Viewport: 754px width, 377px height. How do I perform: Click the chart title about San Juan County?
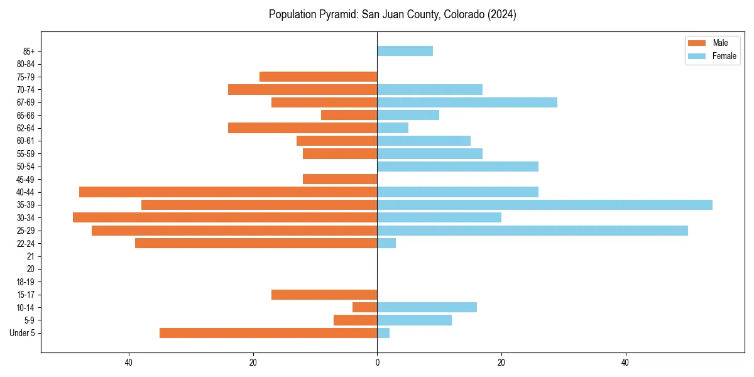pyautogui.click(x=392, y=14)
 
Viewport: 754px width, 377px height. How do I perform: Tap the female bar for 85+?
pyautogui.click(x=405, y=51)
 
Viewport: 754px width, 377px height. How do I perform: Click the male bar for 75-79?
pyautogui.click(x=318, y=77)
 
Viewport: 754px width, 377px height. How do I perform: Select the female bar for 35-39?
pyautogui.click(x=544, y=205)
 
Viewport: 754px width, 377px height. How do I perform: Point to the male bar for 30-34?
pyautogui.click(x=225, y=217)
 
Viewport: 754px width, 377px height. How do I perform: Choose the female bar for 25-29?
pyautogui.click(x=532, y=231)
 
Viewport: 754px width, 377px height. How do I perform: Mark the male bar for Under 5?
pyautogui.click(x=268, y=333)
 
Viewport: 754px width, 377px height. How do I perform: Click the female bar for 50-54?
pyautogui.click(x=457, y=167)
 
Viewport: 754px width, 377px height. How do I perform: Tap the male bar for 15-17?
pyautogui.click(x=324, y=295)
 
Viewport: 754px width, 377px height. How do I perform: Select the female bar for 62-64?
pyautogui.click(x=393, y=128)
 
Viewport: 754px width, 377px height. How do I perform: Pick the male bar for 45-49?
pyautogui.click(x=340, y=179)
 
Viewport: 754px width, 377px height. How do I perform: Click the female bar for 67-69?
pyautogui.click(x=467, y=102)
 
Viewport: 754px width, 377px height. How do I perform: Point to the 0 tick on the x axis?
pyautogui.click(x=377, y=363)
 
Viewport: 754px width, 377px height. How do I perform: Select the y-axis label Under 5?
pyautogui.click(x=22, y=333)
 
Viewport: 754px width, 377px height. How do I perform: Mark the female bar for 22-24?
pyautogui.click(x=386, y=243)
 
